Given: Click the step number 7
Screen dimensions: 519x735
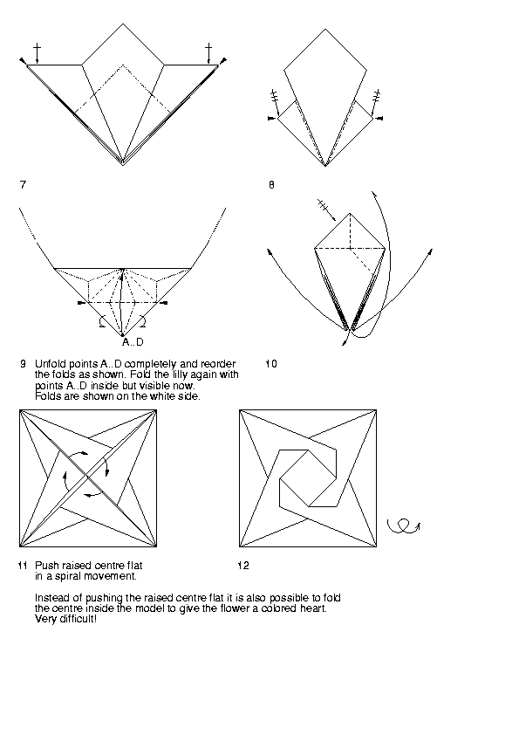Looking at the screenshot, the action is coord(23,185).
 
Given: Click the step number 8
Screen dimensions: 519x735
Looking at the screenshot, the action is coord(271,185).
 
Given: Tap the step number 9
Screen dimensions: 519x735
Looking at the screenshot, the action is coord(23,364).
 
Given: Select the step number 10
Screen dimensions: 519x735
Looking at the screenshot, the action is coord(270,364).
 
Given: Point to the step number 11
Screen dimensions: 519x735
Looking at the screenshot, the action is coord(23,566).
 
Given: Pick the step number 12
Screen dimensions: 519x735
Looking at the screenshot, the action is coord(243,566).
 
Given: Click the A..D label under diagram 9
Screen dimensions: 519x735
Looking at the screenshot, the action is coord(133,342).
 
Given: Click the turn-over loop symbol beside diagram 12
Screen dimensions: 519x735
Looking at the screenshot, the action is coord(403,526).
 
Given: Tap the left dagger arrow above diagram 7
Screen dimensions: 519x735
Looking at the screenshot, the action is coord(37,53).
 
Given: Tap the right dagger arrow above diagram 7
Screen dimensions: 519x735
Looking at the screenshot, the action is coord(208,53).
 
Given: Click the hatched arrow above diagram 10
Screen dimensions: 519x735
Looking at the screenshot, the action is coord(326,210).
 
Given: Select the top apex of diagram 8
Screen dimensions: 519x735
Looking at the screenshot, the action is coord(325,29).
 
